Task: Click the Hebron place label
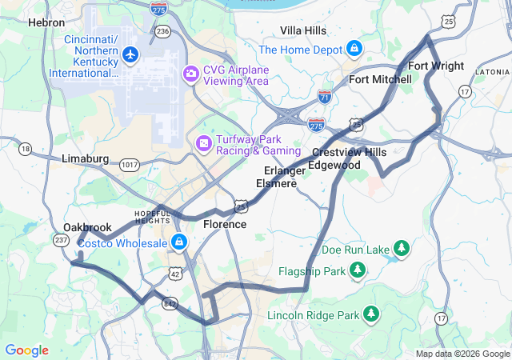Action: pos(46,23)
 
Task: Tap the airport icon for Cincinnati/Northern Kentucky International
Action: pos(130,55)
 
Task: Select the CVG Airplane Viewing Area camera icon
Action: pos(190,74)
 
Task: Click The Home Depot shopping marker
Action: pos(353,50)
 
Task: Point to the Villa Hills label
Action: pos(303,30)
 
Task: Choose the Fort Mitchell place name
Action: pos(380,79)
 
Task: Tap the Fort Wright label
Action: pos(435,66)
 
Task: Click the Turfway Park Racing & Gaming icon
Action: pos(204,143)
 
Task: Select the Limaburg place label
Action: pos(85,159)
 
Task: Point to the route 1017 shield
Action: pos(130,164)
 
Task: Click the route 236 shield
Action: pos(163,31)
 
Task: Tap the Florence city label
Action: pos(225,225)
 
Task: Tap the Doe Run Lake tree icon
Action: pos(402,250)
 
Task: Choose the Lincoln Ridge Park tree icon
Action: pos(370,315)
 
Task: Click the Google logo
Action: pos(26,350)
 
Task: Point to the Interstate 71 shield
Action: pos(324,97)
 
